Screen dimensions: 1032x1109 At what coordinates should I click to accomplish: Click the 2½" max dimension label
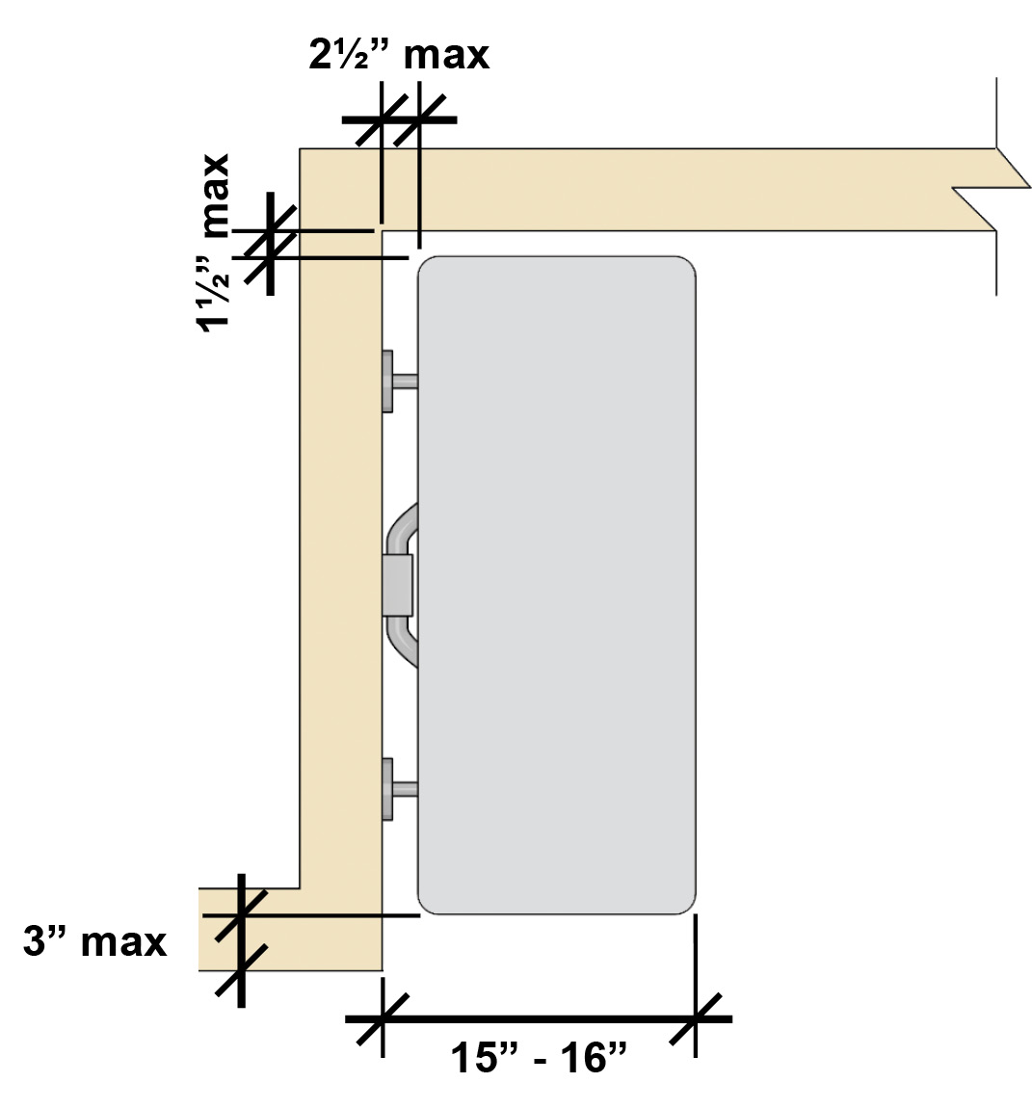tap(399, 55)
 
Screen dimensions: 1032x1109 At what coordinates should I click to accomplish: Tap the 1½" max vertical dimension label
tap(214, 243)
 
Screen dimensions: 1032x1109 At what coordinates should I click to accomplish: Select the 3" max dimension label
tap(94, 942)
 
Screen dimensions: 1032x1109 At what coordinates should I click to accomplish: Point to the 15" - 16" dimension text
tap(539, 1058)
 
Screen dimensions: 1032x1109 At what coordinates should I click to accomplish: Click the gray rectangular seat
tap(557, 585)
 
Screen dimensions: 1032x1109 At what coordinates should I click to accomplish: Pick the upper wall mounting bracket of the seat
tap(398, 382)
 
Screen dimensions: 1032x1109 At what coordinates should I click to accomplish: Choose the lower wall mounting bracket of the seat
tap(398, 788)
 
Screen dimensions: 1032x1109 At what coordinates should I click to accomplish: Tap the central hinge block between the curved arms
tap(398, 585)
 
